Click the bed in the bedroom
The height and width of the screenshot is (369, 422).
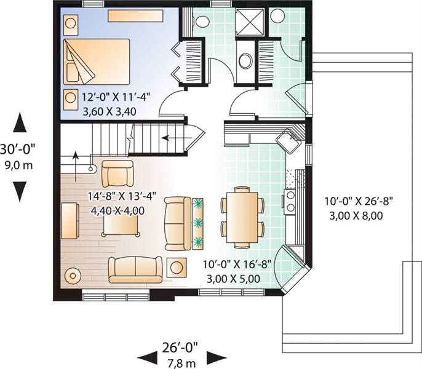tap(97, 62)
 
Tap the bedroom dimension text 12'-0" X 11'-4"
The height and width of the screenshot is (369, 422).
tap(116, 97)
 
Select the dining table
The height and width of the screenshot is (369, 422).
tap(242, 217)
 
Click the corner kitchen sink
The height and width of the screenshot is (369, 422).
tap(289, 141)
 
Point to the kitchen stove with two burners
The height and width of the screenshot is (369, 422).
tap(290, 202)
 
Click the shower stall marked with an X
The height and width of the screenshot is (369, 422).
tap(250, 22)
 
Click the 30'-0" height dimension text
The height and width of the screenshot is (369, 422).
tap(17, 149)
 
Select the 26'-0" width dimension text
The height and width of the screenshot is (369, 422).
tap(180, 347)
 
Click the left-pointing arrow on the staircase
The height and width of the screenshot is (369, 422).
tap(177, 138)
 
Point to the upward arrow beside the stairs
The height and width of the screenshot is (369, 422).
tap(76, 166)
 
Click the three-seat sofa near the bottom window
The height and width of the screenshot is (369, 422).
tap(135, 270)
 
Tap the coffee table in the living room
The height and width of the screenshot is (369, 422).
tap(121, 226)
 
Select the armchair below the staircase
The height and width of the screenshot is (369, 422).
tap(117, 174)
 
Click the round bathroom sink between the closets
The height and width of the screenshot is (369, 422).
tap(245, 61)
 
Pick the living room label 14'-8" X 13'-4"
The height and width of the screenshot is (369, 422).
tap(122, 196)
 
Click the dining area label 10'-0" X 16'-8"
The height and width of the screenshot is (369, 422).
tap(237, 264)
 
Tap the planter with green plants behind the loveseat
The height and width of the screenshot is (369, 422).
tap(198, 224)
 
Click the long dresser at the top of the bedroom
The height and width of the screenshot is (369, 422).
tap(135, 16)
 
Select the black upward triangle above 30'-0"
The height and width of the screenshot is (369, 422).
tap(20, 122)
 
